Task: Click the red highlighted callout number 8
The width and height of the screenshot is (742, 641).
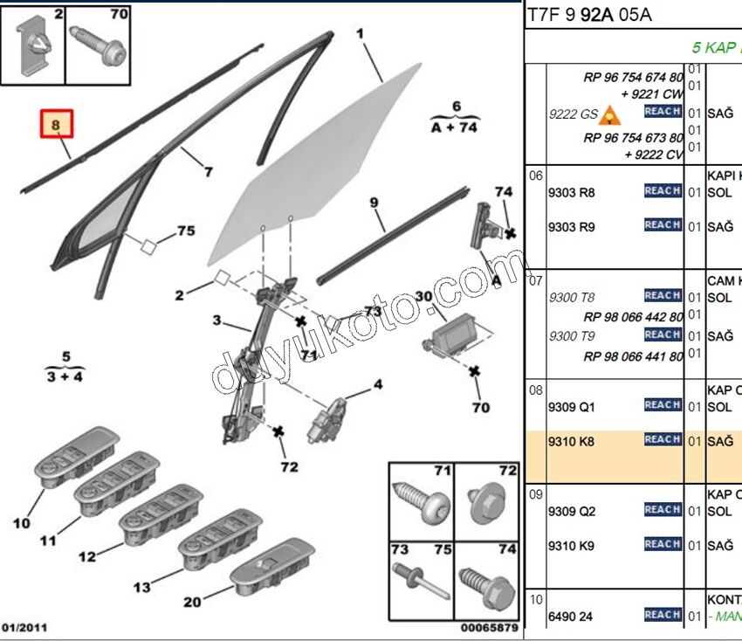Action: [56, 126]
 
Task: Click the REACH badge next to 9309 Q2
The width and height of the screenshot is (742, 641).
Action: [663, 509]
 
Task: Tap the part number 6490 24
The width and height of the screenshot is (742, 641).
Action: [570, 617]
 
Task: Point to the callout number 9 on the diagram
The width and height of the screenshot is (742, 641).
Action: [374, 203]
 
